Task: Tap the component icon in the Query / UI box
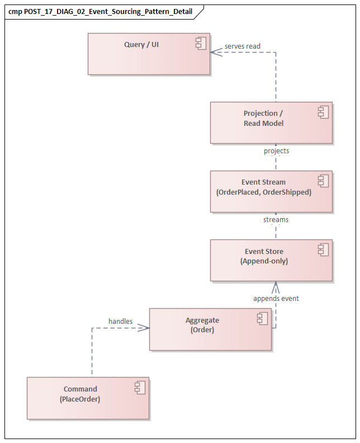(x=201, y=44)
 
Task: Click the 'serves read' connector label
(x=243, y=46)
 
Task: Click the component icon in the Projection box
(x=323, y=113)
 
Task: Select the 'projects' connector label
(x=276, y=151)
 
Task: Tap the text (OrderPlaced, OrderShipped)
(x=263, y=192)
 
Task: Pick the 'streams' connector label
(x=276, y=220)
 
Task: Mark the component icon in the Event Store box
(x=323, y=251)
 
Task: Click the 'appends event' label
(x=276, y=299)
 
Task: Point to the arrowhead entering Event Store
(x=275, y=286)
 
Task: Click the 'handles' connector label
(x=120, y=321)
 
